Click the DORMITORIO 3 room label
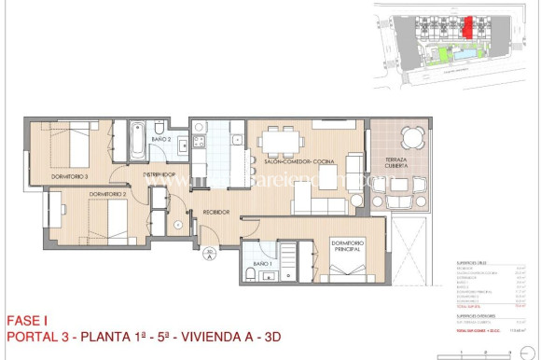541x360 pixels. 71,176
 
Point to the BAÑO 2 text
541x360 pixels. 160,139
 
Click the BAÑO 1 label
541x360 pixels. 262,264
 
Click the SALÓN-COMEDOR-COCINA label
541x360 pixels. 298,161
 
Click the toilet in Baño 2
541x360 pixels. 160,127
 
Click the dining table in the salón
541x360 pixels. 282,141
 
